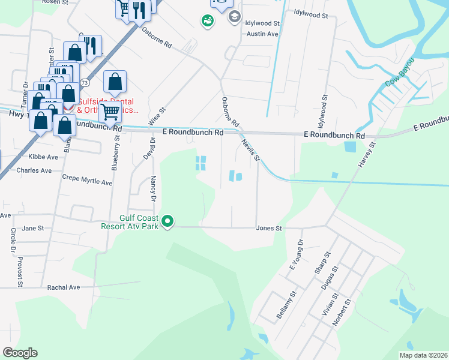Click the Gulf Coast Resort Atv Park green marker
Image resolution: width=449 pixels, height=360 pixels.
point(169,222)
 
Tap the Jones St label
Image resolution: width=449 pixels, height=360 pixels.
point(268,229)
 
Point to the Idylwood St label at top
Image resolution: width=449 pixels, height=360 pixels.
point(312,13)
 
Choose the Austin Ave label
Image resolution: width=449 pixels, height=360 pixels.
point(262,34)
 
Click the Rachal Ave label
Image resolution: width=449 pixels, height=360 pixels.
point(64,287)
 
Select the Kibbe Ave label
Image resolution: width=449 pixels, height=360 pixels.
point(43,157)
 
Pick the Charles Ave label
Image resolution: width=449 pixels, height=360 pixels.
point(34,170)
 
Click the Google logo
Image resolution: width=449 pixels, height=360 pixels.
point(20,353)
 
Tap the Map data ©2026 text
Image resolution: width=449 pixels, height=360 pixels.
point(423,355)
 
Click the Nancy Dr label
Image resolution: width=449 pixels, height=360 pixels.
point(154,188)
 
